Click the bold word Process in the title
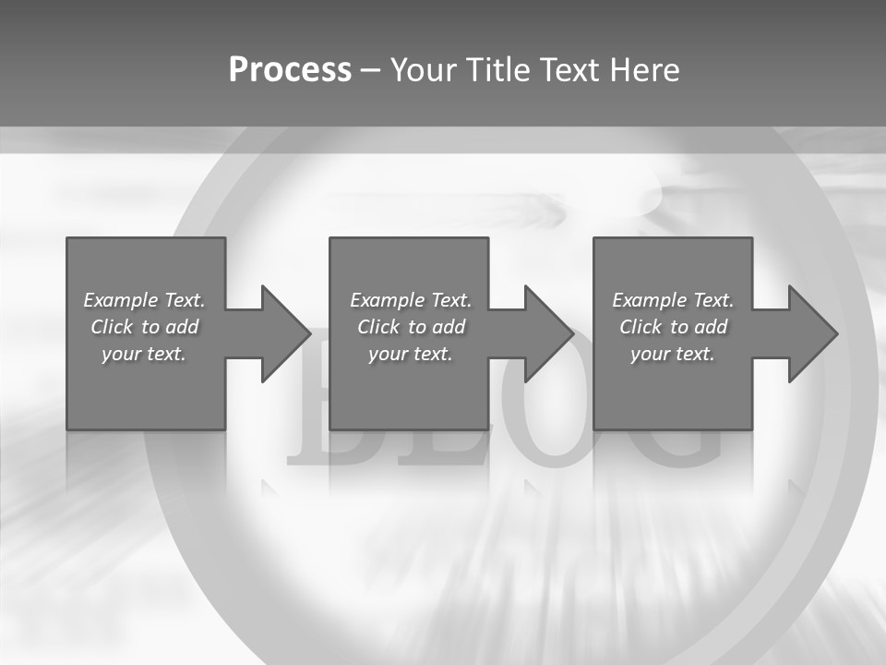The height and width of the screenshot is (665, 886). click(290, 69)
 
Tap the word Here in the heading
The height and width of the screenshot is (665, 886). click(645, 69)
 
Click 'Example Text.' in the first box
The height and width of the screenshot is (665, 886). click(144, 300)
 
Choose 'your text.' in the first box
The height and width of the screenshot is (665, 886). click(144, 354)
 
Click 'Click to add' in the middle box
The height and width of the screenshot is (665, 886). click(411, 327)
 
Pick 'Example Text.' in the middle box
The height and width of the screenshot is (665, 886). click(411, 300)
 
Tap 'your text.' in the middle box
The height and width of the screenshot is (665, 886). click(411, 354)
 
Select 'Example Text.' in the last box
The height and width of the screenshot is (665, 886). click(673, 300)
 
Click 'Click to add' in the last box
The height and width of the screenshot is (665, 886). click(673, 327)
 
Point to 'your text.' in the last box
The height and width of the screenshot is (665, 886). click(673, 354)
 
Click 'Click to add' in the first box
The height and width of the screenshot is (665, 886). click(144, 327)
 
